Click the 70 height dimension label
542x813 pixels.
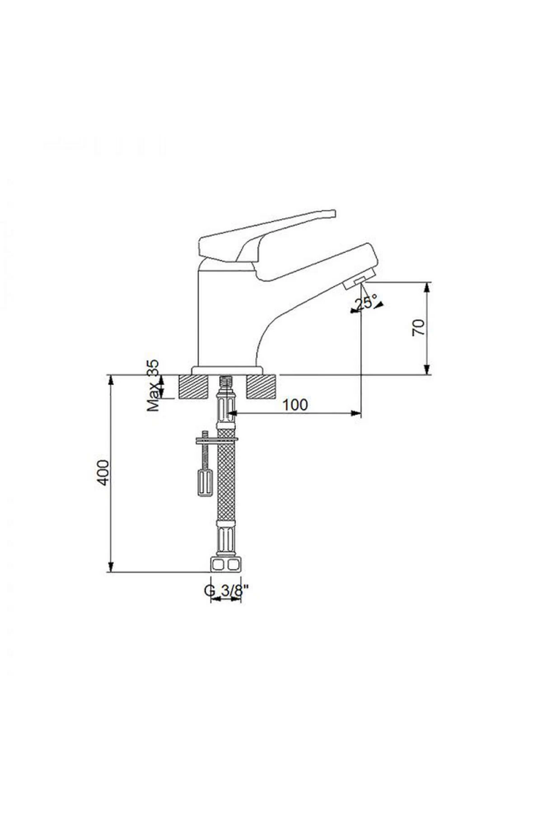click(419, 327)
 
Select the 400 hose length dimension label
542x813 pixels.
click(103, 472)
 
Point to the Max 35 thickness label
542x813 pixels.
click(154, 386)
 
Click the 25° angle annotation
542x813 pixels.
click(366, 303)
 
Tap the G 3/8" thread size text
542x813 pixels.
click(227, 590)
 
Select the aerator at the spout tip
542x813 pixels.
click(355, 283)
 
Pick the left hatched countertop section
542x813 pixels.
click(194, 387)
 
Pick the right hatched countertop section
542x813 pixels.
click(261, 387)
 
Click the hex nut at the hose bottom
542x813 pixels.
click(226, 565)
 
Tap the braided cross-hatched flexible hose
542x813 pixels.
click(226, 479)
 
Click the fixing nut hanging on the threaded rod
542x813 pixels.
click(204, 483)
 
